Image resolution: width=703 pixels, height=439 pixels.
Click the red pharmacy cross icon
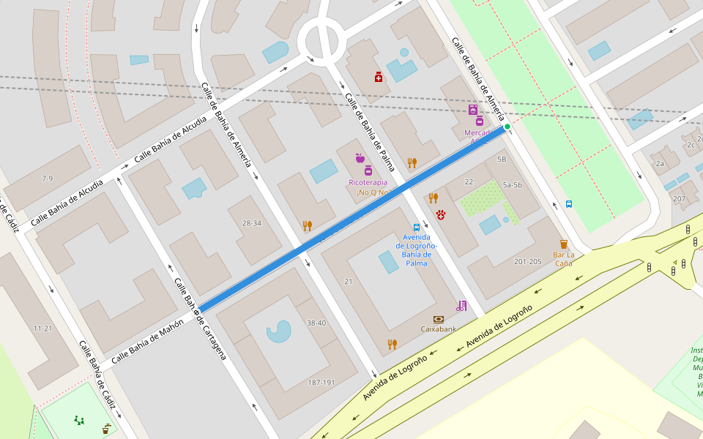pyautogui.click(x=379, y=77)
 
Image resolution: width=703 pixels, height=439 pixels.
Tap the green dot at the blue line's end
pyautogui.click(x=507, y=127)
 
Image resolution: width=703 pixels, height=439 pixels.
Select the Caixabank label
pyautogui.click(x=438, y=329)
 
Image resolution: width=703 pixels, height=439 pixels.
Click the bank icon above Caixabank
pyautogui.click(x=438, y=319)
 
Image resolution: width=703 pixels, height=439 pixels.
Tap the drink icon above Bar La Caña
pyautogui.click(x=563, y=244)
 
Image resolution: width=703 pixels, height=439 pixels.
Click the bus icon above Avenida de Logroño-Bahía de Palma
pyautogui.click(x=417, y=228)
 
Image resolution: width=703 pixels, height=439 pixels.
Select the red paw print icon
pyautogui.click(x=441, y=214)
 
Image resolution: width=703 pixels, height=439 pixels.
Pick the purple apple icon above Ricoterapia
pyautogui.click(x=360, y=158)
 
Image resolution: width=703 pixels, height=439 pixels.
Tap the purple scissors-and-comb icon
pyautogui.click(x=461, y=305)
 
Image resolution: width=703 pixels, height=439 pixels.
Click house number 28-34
pyautogui.click(x=252, y=223)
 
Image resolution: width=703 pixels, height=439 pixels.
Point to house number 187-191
pyautogui.click(x=321, y=383)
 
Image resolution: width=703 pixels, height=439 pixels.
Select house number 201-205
pyautogui.click(x=527, y=261)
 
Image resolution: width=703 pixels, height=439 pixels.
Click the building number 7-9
pyautogui.click(x=47, y=179)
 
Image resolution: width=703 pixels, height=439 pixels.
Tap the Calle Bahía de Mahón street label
pyautogui.click(x=147, y=342)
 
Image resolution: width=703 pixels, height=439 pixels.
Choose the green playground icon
pyautogui.click(x=78, y=420)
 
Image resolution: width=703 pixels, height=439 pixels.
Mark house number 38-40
pyautogui.click(x=316, y=323)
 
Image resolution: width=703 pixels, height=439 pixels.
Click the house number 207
pyautogui.click(x=679, y=199)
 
